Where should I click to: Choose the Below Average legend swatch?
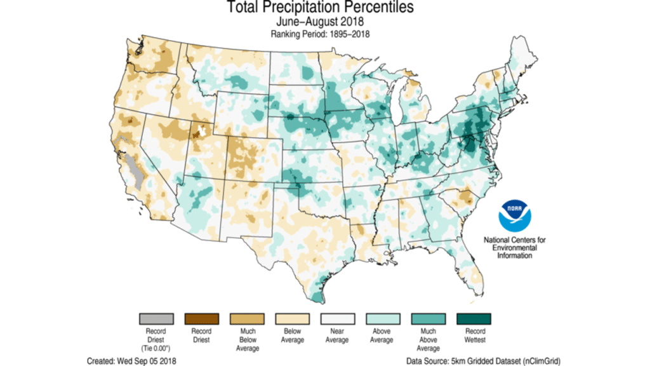coord(291,318)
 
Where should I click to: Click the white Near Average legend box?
coord(337,318)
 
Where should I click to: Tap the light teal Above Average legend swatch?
coord(383,318)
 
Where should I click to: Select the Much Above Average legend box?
coord(428,318)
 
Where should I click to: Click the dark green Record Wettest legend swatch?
coord(474,318)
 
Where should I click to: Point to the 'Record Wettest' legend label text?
coord(474,335)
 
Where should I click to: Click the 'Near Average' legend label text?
coord(337,335)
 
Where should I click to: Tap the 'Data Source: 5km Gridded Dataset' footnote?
coord(483,360)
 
